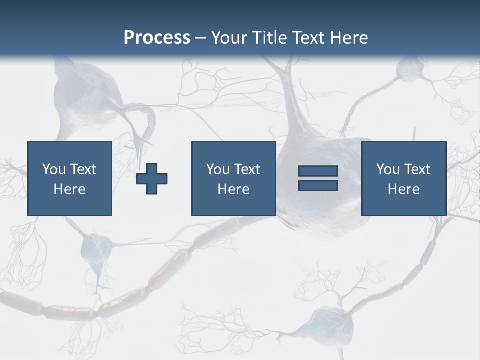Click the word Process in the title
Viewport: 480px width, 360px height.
coord(157,38)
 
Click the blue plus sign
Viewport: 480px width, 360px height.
coord(152,179)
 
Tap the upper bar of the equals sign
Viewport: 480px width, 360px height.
coord(318,171)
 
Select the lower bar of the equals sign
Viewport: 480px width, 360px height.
coord(318,186)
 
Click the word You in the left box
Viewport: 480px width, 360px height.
coord(54,169)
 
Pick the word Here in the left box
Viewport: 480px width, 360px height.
coord(69,189)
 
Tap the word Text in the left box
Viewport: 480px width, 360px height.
coord(83,169)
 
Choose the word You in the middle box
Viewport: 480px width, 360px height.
coord(218,169)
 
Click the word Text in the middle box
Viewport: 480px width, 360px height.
coord(247,169)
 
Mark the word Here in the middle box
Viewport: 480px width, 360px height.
coord(233,189)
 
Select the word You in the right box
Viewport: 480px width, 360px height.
coord(388,169)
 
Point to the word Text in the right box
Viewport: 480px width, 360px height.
coord(417,169)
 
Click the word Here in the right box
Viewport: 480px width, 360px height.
coord(403,189)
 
